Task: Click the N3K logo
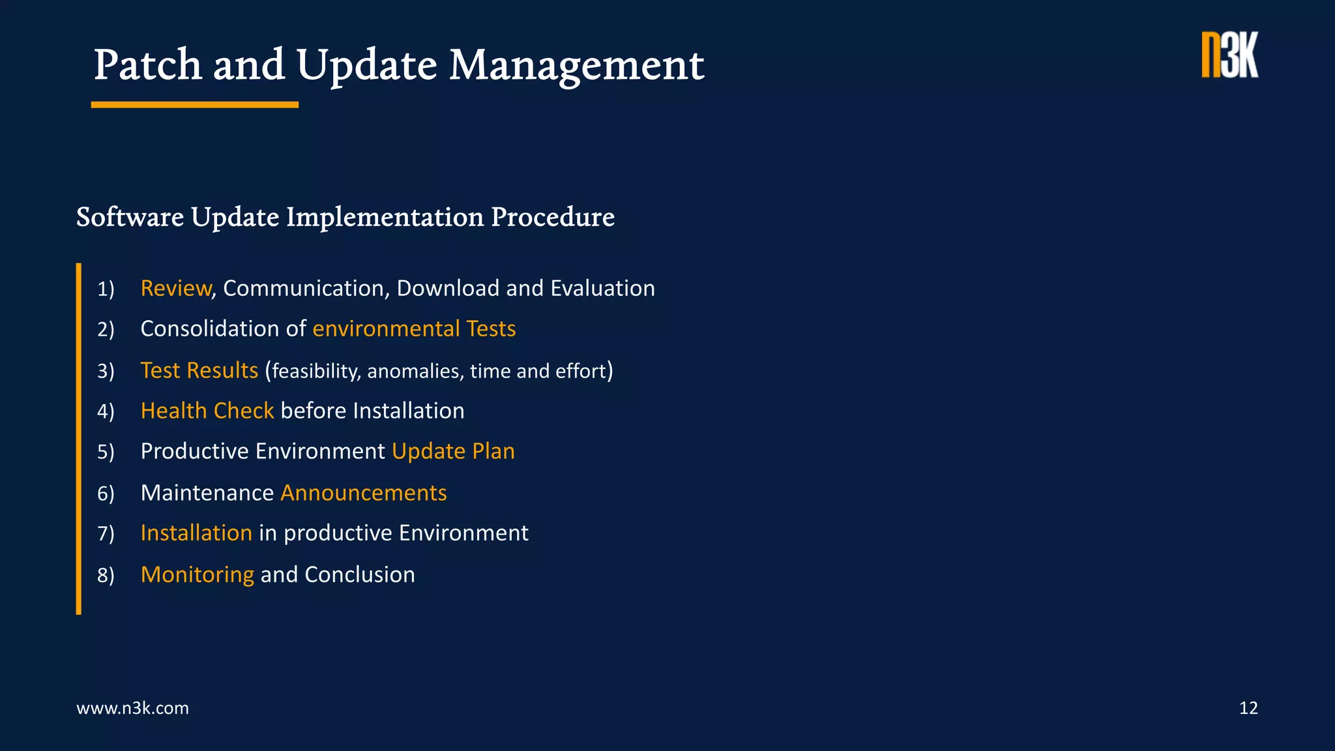click(x=1229, y=55)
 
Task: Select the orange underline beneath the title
click(x=194, y=105)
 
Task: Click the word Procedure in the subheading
click(x=552, y=217)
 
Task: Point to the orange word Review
click(x=175, y=288)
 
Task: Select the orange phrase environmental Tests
click(x=414, y=329)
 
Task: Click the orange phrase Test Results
click(x=199, y=370)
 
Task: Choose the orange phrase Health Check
click(x=207, y=411)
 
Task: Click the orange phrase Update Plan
click(x=453, y=451)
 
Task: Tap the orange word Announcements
click(x=363, y=493)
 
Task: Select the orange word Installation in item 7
click(x=196, y=533)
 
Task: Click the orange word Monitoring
click(x=197, y=574)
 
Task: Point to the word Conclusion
click(x=359, y=574)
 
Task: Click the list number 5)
click(x=106, y=452)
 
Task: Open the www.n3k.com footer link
click(x=132, y=708)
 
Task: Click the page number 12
click(x=1248, y=708)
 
